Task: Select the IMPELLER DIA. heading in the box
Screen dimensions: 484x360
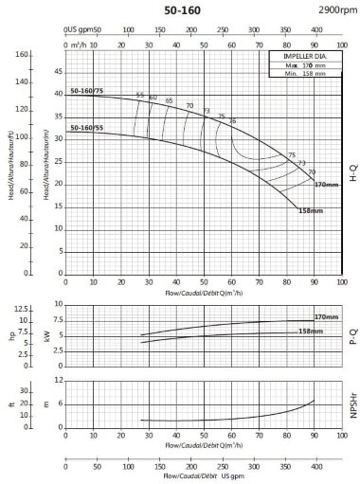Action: (x=301, y=56)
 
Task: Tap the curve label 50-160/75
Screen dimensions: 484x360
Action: (x=86, y=91)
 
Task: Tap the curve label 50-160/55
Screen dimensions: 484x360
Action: (x=86, y=127)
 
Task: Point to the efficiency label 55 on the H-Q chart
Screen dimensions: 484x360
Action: (x=140, y=94)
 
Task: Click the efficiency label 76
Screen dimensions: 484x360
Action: (x=233, y=120)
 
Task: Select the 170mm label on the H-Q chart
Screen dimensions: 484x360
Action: (x=325, y=183)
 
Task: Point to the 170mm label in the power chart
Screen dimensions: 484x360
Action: (x=326, y=317)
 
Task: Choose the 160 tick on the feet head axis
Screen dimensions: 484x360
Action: (x=20, y=55)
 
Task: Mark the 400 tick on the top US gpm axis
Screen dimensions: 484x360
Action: (x=316, y=29)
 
